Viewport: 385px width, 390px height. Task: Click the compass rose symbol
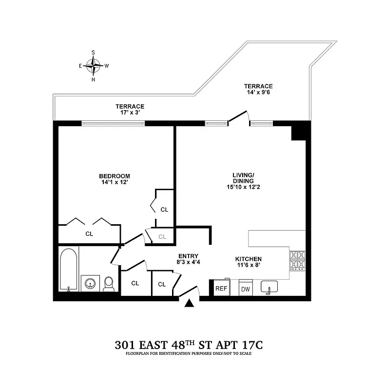(x=94, y=65)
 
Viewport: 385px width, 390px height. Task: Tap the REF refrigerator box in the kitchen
(x=222, y=288)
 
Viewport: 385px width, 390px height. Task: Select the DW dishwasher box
(x=245, y=289)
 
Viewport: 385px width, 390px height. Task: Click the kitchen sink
(x=269, y=287)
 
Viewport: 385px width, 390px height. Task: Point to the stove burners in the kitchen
(x=297, y=260)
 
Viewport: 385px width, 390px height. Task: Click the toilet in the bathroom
(x=109, y=284)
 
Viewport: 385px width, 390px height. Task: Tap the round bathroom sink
(x=89, y=283)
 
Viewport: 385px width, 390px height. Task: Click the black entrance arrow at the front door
(x=190, y=303)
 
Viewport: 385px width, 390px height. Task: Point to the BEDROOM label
(x=115, y=176)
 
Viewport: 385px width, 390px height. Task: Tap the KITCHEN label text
(x=249, y=259)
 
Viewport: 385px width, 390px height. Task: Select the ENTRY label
(x=188, y=256)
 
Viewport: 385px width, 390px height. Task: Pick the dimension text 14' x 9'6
(x=258, y=93)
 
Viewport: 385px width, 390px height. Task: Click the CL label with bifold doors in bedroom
(x=89, y=234)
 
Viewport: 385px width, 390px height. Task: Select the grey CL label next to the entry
(x=162, y=237)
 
